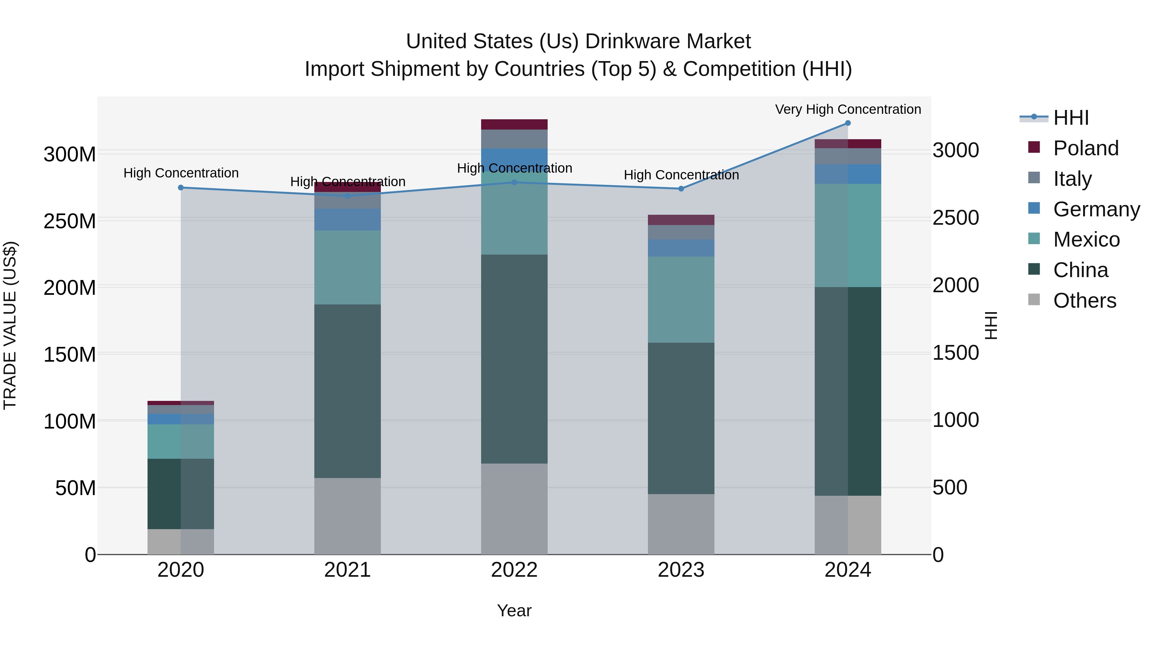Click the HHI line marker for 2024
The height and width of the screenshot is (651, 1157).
(848, 123)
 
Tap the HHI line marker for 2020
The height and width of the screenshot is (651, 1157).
(181, 188)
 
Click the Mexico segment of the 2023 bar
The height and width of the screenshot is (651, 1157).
(681, 299)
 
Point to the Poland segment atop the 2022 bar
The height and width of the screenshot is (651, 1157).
(514, 124)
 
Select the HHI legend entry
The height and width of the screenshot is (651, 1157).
(1071, 118)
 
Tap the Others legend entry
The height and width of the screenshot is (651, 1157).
(1084, 301)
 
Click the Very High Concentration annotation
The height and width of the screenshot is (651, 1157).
(848, 109)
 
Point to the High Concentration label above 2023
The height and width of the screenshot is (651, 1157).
(681, 175)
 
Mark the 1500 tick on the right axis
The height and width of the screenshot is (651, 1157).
(955, 353)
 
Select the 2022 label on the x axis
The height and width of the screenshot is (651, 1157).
(514, 570)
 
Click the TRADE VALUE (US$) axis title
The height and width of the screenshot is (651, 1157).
(10, 325)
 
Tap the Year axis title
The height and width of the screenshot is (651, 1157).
(514, 610)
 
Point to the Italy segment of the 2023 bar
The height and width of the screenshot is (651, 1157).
(681, 232)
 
